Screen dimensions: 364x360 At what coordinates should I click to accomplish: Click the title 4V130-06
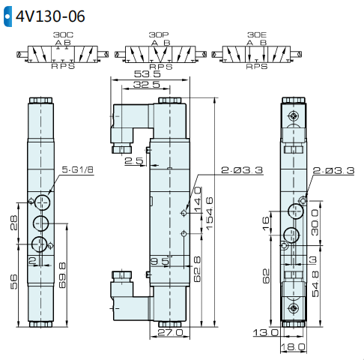click(x=50, y=16)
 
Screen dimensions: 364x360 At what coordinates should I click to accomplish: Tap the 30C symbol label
click(x=63, y=34)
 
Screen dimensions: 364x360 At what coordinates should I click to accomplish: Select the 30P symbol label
click(x=159, y=34)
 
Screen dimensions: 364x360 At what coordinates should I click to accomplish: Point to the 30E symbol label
click(x=257, y=34)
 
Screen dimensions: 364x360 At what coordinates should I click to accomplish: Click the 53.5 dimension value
click(x=148, y=74)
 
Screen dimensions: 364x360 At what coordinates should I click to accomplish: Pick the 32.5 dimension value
click(x=147, y=85)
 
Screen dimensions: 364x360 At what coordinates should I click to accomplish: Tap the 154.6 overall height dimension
click(x=209, y=213)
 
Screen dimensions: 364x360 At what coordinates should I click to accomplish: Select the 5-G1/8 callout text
click(x=77, y=169)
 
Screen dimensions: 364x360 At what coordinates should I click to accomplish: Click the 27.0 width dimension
click(x=170, y=332)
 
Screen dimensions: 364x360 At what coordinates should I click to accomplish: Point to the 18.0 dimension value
click(x=293, y=347)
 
